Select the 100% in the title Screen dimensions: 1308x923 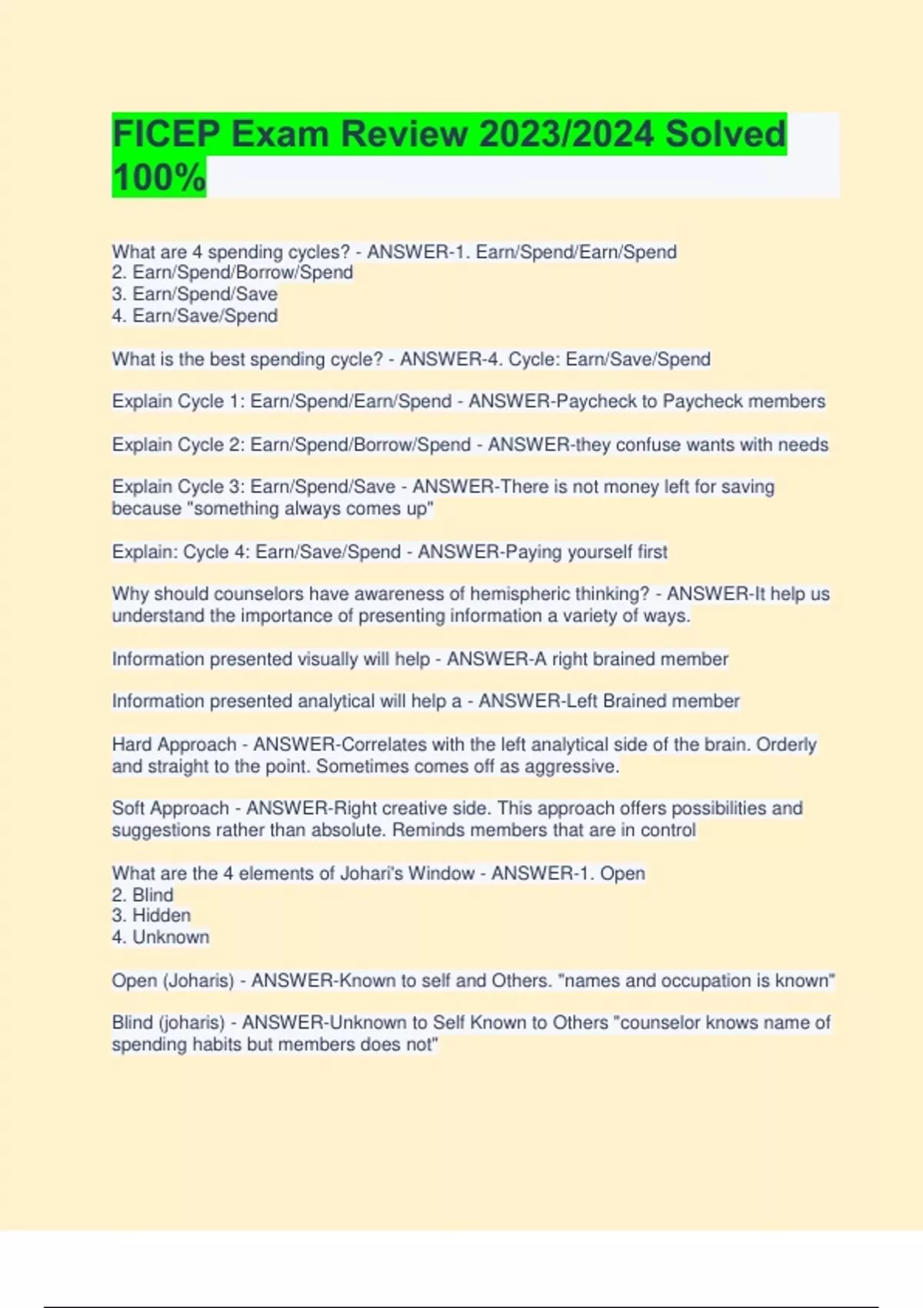click(159, 177)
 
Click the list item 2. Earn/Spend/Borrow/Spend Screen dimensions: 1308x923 click(232, 272)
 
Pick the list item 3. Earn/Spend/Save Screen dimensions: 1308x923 click(195, 294)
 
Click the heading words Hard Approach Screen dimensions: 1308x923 click(175, 745)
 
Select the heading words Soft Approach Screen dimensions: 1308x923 click(171, 809)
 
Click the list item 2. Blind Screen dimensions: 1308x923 click(142, 895)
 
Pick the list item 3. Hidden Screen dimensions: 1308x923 click(151, 916)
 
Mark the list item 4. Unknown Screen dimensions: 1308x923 click(160, 937)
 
